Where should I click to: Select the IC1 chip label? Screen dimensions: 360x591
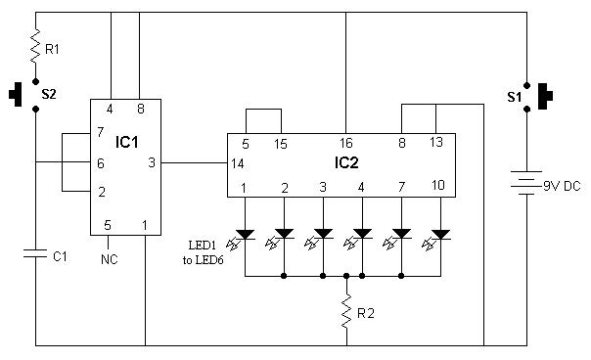click(x=127, y=143)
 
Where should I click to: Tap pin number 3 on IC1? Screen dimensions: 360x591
click(x=150, y=162)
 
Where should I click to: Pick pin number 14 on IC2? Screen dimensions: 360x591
click(x=237, y=162)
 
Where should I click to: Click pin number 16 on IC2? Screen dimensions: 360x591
click(x=346, y=143)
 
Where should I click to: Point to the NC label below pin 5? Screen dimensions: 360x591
click(x=110, y=259)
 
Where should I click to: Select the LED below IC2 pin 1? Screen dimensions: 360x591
click(x=245, y=235)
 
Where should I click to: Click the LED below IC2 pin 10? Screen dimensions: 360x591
click(x=440, y=235)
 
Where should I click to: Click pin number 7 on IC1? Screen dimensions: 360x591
click(x=99, y=131)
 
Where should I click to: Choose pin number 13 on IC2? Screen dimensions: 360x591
click(x=435, y=143)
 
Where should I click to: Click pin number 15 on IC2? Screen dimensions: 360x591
click(x=282, y=143)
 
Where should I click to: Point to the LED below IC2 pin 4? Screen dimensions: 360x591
click(x=362, y=235)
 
